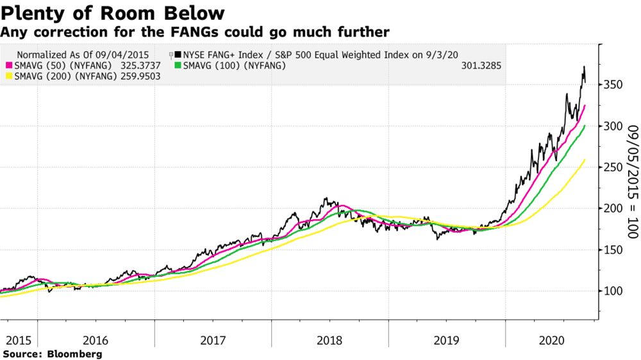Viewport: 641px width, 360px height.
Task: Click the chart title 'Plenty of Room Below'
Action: [113, 13]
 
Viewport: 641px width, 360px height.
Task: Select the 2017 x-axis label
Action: [213, 340]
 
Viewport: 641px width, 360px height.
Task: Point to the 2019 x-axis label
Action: [446, 340]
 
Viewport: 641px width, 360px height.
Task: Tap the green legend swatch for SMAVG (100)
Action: [178, 65]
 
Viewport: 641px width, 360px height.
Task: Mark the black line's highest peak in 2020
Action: [583, 67]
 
